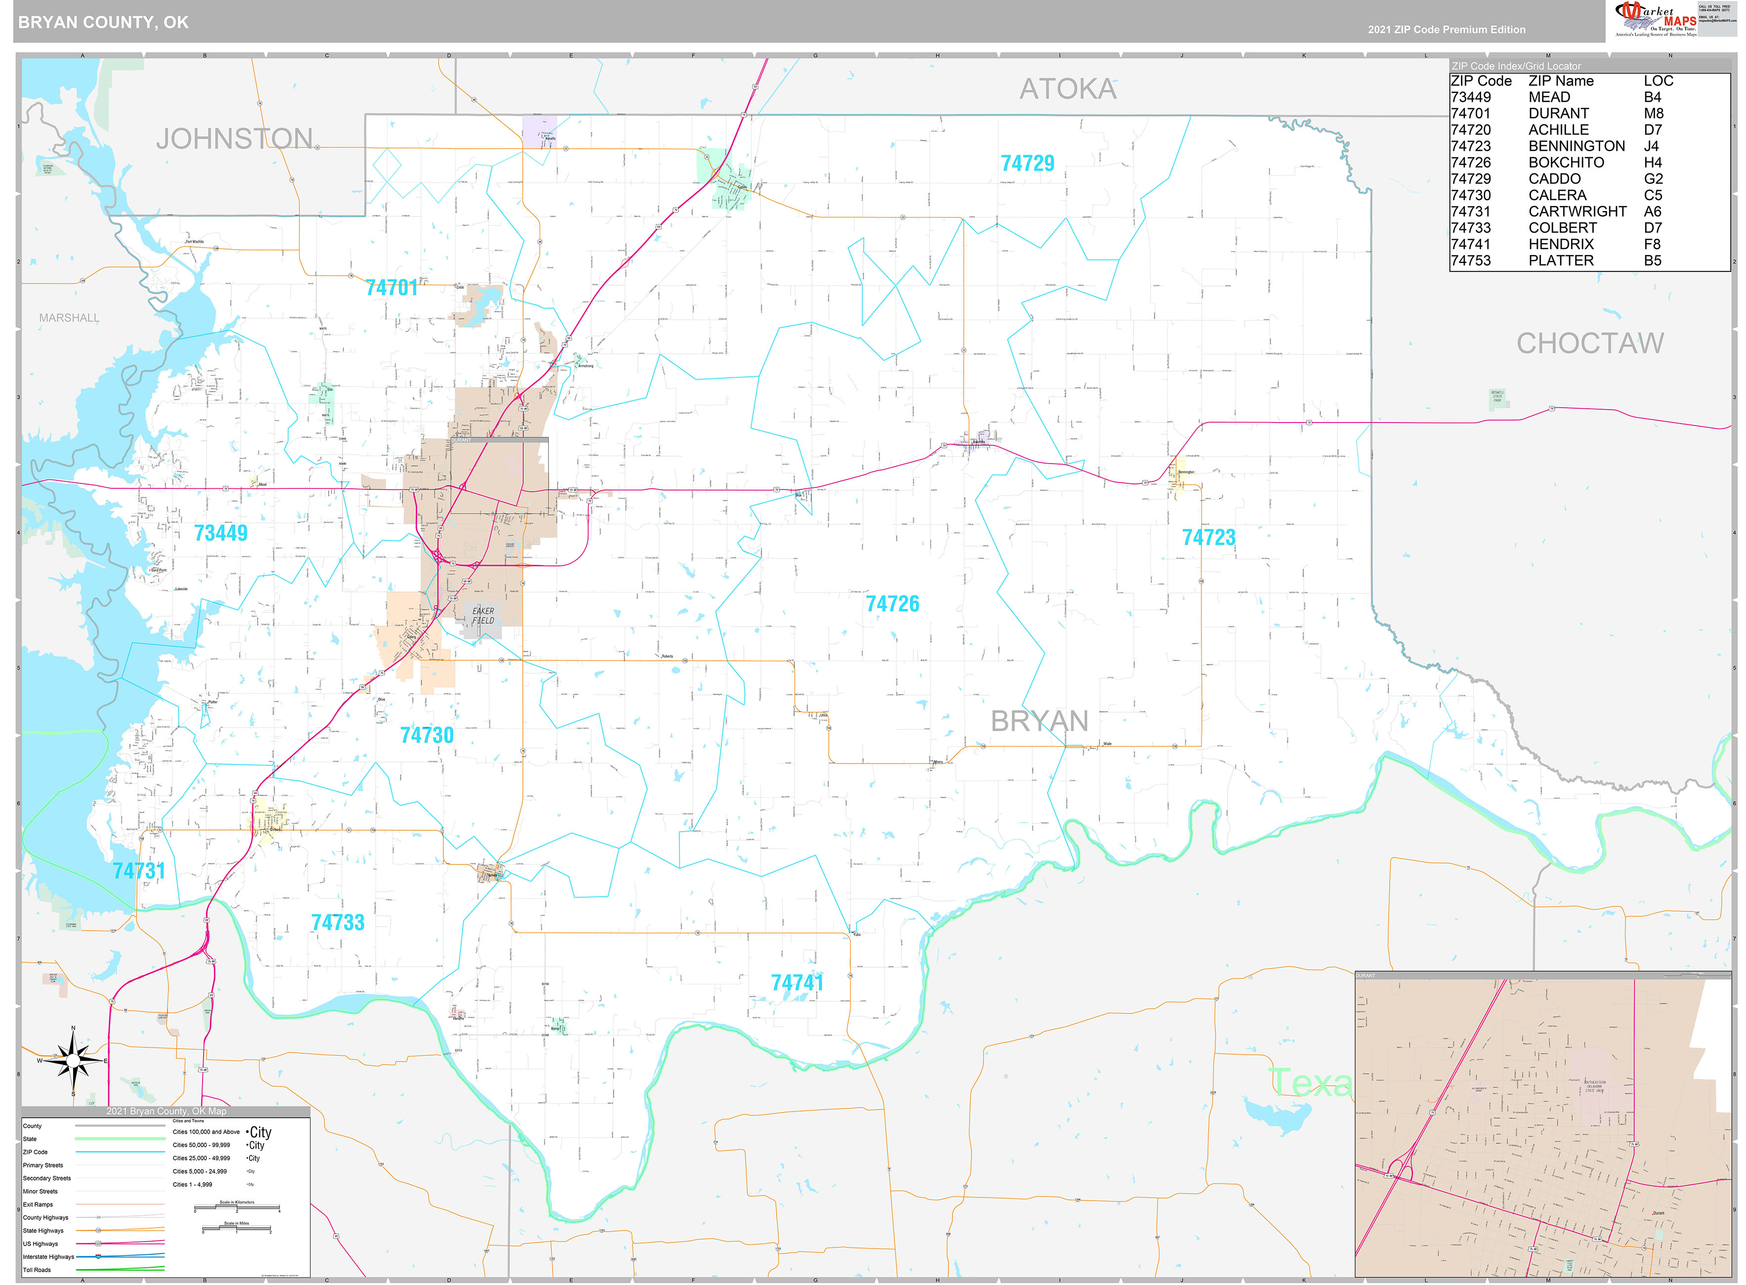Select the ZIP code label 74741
point(796,983)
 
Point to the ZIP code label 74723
point(1208,538)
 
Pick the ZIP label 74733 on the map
point(338,923)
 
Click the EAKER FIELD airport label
point(483,616)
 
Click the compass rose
point(73,1061)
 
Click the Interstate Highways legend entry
point(48,1257)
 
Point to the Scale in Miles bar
point(236,1230)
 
